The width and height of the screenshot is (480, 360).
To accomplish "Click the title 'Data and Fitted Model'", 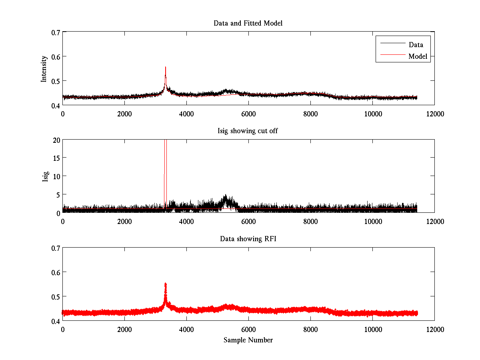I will (x=248, y=23).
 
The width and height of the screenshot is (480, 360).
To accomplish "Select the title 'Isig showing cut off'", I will (x=248, y=131).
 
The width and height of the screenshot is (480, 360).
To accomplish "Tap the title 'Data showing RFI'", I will (x=248, y=239).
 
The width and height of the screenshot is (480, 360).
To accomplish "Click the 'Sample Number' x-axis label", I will (x=248, y=340).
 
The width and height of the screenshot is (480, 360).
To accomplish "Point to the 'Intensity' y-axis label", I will (x=44, y=69).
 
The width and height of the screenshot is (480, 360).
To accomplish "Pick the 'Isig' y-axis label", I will (x=45, y=176).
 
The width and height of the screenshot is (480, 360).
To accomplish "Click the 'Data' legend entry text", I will (x=416, y=45).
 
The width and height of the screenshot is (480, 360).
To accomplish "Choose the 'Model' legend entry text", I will (x=418, y=56).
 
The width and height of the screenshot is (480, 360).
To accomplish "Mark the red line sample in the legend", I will (x=392, y=56).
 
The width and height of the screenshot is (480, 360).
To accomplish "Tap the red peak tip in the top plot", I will (x=165, y=67).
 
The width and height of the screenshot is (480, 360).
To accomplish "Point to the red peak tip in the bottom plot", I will (x=165, y=284).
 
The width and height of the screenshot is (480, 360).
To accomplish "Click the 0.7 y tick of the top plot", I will (x=55, y=32).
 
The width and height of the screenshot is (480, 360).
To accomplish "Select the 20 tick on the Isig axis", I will (x=55, y=140).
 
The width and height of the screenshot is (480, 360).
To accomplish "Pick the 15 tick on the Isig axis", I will (x=55, y=158).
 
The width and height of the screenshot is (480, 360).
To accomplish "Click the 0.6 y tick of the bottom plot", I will (x=55, y=272).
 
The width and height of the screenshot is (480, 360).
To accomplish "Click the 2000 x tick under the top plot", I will (x=124, y=114).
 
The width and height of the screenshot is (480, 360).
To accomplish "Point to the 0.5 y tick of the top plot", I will (x=55, y=81).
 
